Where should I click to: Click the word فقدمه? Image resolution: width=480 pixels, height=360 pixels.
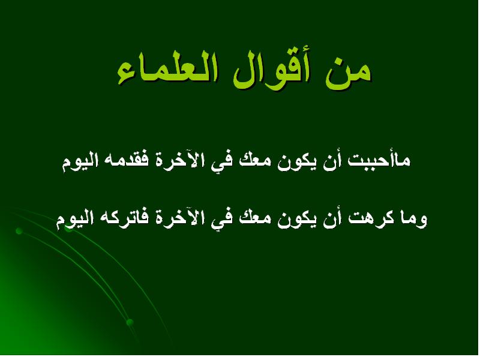[129, 161]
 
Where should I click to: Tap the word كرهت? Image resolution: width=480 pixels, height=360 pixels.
[371, 220]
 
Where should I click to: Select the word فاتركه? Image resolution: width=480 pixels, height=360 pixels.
[124, 220]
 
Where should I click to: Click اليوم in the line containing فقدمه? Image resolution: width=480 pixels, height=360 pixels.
[81, 161]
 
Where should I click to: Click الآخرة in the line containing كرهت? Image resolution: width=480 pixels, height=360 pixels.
[179, 220]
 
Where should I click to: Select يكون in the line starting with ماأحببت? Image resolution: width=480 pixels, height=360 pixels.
[299, 161]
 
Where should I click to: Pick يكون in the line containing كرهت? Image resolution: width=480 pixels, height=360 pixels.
[299, 220]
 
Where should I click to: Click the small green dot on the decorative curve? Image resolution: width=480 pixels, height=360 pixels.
[19, 230]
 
